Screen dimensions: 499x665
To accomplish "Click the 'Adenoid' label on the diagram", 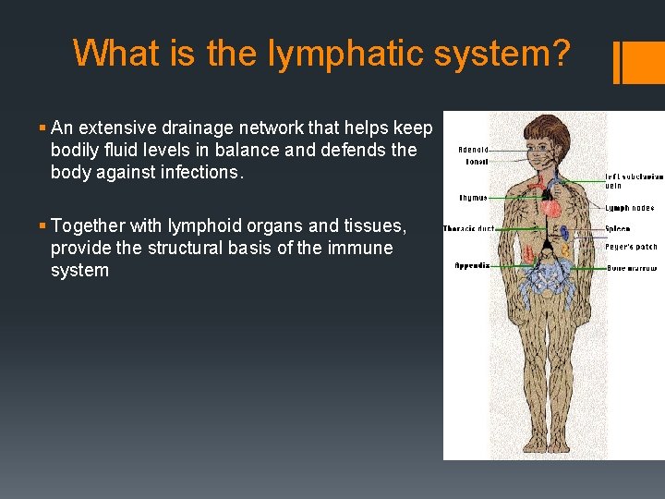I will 473,150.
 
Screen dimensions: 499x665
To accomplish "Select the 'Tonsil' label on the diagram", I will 477,162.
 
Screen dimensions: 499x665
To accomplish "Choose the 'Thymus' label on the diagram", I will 473,198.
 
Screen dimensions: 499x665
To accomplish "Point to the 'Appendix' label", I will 472,265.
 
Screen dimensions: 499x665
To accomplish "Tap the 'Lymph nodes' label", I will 630,209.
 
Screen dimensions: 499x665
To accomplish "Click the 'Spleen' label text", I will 618,229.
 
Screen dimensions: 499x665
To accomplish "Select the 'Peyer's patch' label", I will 631,248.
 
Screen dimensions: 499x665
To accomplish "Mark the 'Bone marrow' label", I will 630,267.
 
